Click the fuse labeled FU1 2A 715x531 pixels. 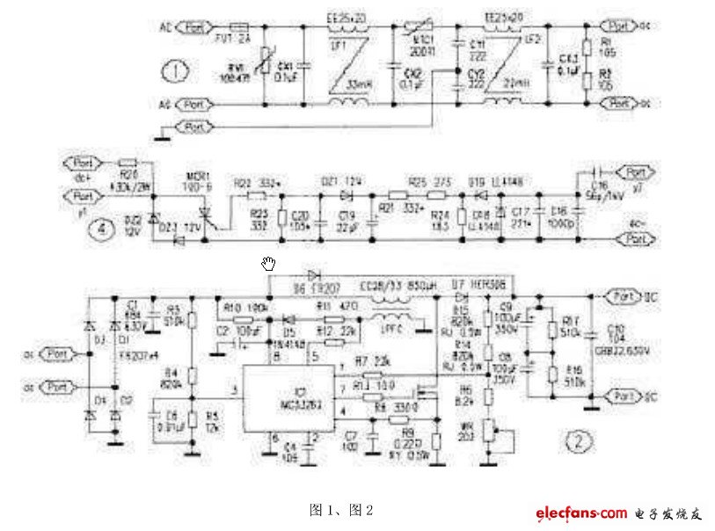coord(237,28)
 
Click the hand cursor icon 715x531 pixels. coord(269,262)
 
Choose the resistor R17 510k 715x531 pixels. coord(551,330)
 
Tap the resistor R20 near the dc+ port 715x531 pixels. coord(128,164)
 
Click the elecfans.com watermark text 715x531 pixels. coord(580,513)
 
